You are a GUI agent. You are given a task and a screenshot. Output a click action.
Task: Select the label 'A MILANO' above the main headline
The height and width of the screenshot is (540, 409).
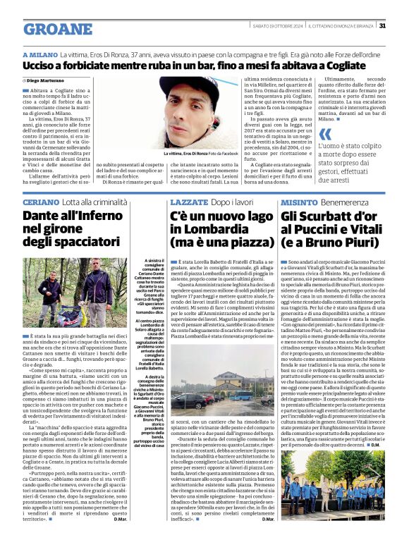coord(39,54)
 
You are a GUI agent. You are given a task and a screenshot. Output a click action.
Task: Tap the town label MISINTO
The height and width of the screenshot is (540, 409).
coord(299,202)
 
